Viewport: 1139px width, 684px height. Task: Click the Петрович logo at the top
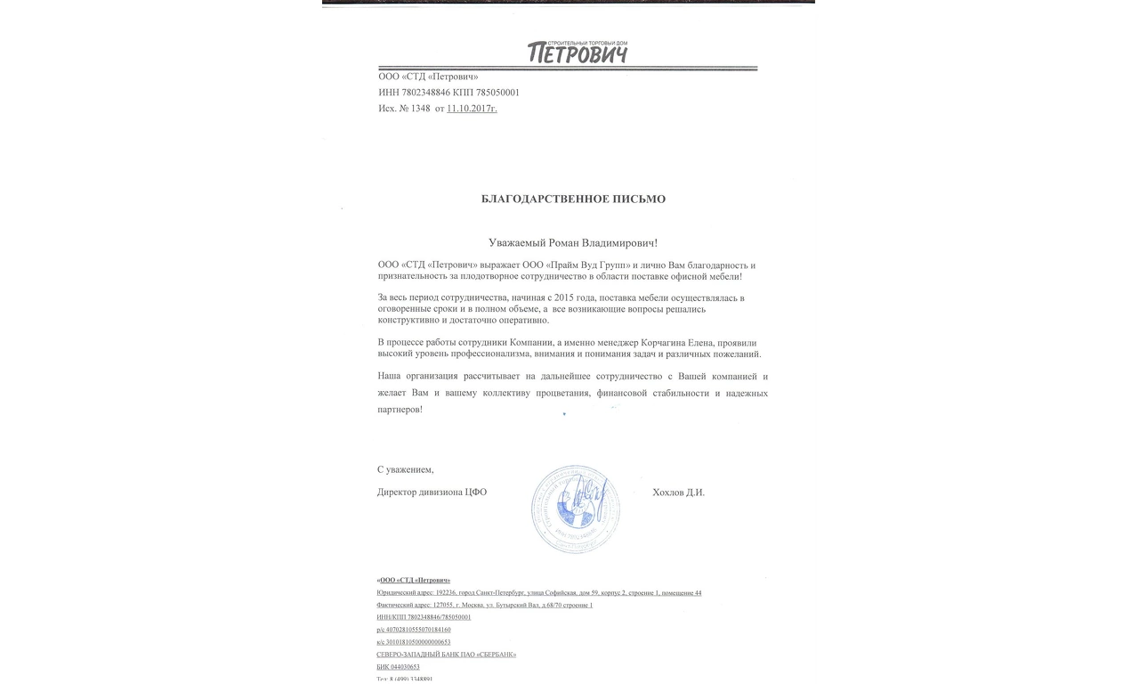click(x=578, y=53)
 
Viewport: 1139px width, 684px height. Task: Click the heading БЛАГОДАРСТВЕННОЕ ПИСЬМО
click(x=573, y=199)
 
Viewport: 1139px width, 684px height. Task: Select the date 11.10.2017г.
click(x=472, y=109)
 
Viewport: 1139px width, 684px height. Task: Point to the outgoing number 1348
click(x=420, y=109)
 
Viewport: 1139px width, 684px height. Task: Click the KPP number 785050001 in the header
click(x=497, y=93)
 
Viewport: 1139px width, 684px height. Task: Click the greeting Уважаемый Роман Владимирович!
click(x=573, y=242)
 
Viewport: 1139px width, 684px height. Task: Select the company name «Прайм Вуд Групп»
click(x=586, y=265)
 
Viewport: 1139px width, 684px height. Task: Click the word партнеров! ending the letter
click(x=400, y=410)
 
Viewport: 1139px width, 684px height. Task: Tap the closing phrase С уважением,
click(x=406, y=469)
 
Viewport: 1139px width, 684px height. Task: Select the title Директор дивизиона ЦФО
click(x=432, y=493)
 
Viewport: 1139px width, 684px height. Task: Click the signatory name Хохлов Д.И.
click(x=678, y=493)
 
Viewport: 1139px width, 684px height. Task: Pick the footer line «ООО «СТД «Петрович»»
click(x=414, y=581)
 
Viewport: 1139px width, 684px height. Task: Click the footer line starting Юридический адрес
click(x=539, y=593)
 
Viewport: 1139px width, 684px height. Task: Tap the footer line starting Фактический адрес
click(x=485, y=606)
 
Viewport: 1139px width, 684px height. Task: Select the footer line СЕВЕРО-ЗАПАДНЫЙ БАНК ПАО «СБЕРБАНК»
click(x=447, y=655)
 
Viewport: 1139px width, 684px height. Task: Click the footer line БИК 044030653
click(x=399, y=667)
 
